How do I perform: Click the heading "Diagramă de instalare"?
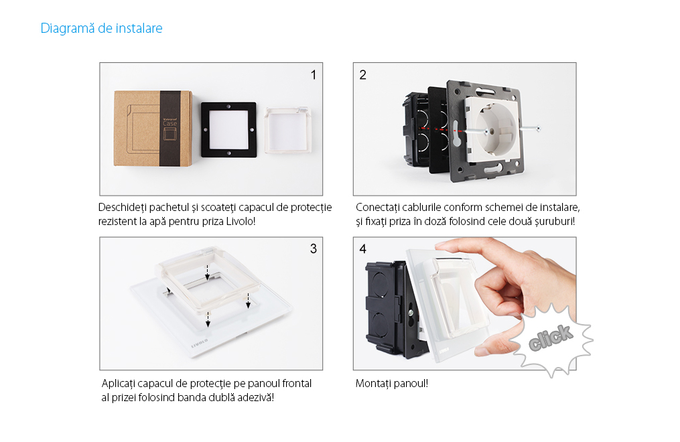(x=101, y=29)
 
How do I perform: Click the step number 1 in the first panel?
(x=313, y=74)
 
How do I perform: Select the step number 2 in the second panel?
(x=362, y=74)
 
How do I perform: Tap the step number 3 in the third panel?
(x=313, y=248)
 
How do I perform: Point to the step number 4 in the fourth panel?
(x=362, y=248)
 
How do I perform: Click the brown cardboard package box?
(x=151, y=126)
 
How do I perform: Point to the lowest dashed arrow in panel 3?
(x=208, y=319)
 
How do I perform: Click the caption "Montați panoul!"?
(x=392, y=384)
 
